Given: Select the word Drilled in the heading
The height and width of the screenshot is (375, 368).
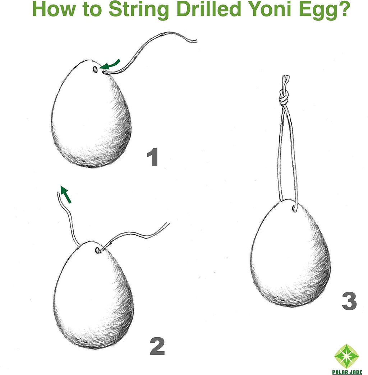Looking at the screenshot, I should (208, 10).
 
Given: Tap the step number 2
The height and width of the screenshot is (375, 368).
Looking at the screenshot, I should (157, 347).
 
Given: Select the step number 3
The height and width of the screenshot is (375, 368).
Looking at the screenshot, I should (349, 302).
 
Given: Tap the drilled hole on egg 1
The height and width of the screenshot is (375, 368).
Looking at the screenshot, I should (95, 69).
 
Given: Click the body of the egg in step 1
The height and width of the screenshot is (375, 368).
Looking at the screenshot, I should (92, 119).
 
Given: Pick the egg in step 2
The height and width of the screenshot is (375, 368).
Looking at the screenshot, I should (93, 298).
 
